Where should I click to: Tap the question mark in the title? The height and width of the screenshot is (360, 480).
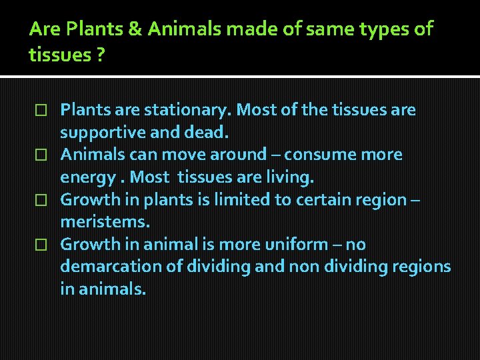point(99,54)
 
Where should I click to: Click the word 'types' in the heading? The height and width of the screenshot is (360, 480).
point(381,29)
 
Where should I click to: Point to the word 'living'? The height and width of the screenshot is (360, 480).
point(287,177)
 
